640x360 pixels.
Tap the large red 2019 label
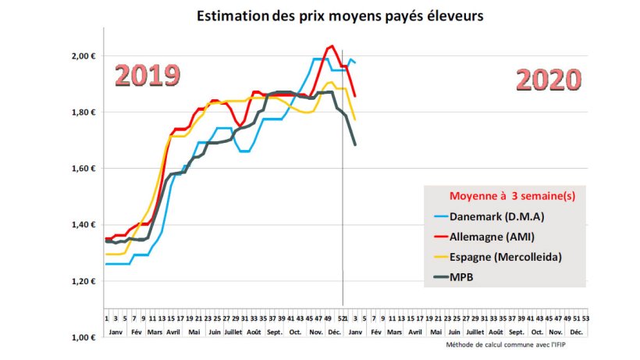(148, 76)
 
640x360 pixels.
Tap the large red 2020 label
(549, 80)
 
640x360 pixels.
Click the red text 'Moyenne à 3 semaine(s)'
(512, 196)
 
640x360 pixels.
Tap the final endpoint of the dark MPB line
(356, 144)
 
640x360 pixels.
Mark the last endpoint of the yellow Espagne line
(356, 119)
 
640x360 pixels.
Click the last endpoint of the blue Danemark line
(356, 62)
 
